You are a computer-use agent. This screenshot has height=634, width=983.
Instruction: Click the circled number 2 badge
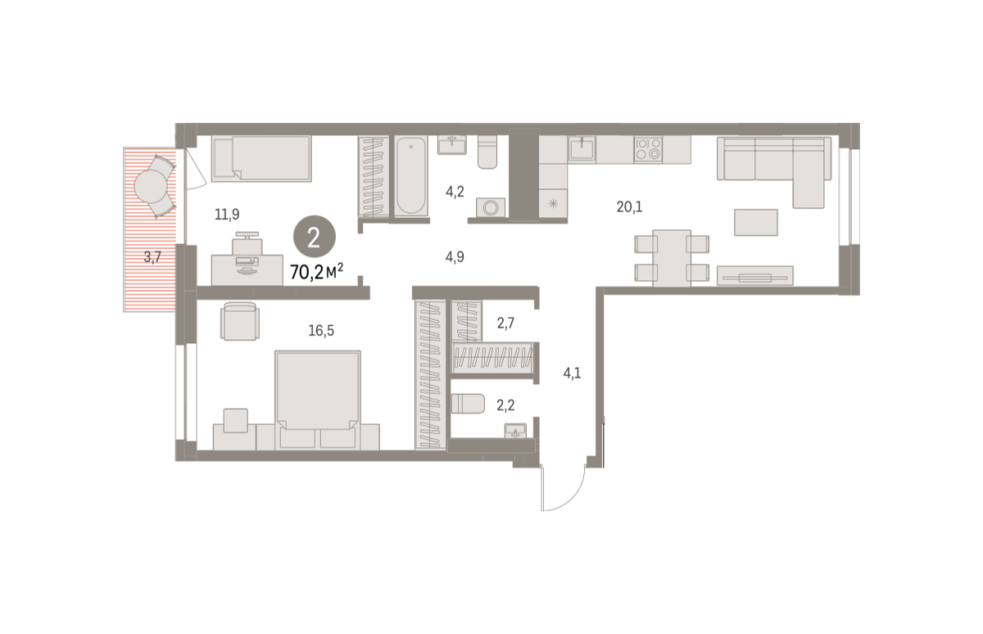pos(315,237)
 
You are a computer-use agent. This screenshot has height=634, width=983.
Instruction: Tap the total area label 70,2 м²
pos(316,272)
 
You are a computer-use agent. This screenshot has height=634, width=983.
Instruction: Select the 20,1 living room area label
pos(629,206)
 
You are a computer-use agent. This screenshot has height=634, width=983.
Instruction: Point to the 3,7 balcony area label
pos(152,256)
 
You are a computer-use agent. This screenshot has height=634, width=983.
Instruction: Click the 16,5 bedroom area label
pos(321,330)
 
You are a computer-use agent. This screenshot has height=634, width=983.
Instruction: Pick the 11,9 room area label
pos(227,214)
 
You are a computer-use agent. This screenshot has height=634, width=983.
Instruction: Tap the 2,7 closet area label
pos(505,324)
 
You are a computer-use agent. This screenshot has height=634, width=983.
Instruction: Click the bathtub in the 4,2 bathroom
pos(411,176)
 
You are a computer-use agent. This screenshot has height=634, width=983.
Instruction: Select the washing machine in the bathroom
pos(491,207)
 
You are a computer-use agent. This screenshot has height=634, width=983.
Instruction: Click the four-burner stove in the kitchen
pos(648,149)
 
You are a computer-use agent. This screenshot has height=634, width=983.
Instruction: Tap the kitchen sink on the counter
pos(582,149)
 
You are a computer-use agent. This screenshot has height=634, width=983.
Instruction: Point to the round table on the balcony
pos(151,187)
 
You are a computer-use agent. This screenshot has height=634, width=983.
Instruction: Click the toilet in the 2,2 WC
pos(468,404)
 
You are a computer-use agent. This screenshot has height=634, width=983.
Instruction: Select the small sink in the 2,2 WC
pos(515,430)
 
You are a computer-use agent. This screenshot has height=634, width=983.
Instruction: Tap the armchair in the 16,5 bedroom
pos(239,321)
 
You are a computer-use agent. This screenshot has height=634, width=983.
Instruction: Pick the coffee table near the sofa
pos(755,222)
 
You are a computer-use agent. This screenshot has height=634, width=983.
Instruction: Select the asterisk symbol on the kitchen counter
pos(554,204)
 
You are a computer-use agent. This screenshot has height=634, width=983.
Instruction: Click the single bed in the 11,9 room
pos(261,158)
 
